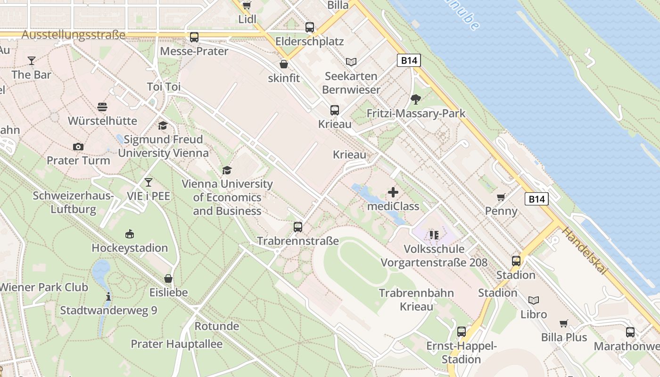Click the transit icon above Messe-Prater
point(194,37)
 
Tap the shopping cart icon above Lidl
point(247,6)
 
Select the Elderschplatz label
point(309,41)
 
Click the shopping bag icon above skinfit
point(284,64)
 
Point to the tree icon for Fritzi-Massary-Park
point(415,99)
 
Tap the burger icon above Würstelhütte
point(102,107)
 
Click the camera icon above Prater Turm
point(78,147)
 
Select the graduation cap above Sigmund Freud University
point(163,126)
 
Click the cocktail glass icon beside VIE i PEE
point(148,182)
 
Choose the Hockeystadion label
point(130,248)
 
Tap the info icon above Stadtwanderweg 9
point(108,296)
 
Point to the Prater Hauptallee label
point(176,344)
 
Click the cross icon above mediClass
point(393,192)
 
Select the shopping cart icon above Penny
point(501,197)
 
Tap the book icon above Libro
point(534,300)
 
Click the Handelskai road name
point(584,252)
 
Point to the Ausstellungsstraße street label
point(74,35)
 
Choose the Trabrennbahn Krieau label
point(416,300)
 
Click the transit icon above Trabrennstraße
point(298,227)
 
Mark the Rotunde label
point(217,326)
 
